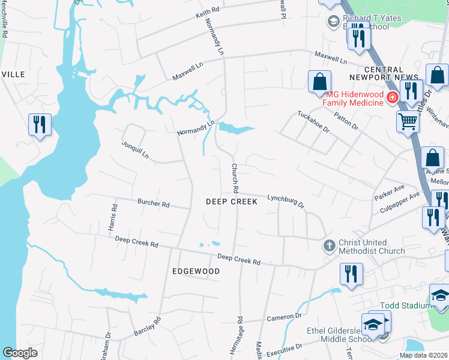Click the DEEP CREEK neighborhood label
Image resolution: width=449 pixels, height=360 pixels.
coord(232,202)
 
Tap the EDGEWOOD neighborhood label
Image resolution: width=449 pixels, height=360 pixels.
coord(196,271)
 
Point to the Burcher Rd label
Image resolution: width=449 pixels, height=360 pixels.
coord(154,203)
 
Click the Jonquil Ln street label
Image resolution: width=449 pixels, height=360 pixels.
coord(135,149)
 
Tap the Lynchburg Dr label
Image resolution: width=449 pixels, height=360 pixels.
coord(286,199)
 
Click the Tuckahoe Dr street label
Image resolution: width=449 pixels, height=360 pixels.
coord(313,121)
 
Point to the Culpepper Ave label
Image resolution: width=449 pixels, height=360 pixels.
coord(402,203)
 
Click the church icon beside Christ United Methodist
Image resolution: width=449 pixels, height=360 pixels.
coord(329,245)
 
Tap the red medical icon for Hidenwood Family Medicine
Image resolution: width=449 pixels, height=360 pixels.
coord(393,97)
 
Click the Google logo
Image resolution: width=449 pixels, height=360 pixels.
coord(20,352)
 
